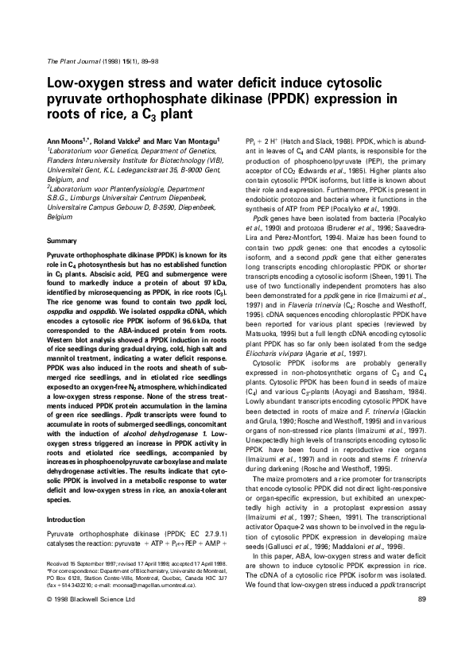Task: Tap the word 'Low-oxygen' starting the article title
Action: click(84, 84)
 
